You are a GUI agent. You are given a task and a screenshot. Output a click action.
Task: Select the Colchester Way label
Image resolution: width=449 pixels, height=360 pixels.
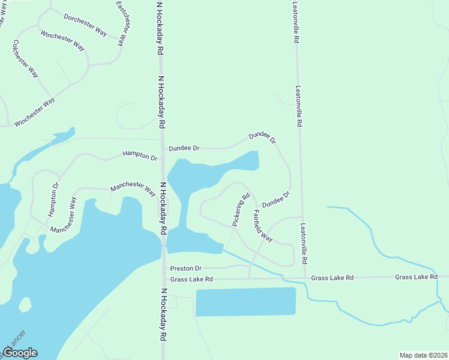tap(25, 59)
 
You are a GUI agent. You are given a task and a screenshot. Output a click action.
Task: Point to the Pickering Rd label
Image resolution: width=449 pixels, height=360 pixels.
tap(241, 209)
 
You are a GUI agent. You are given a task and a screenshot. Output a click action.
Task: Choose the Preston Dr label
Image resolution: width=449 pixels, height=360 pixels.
tap(185, 268)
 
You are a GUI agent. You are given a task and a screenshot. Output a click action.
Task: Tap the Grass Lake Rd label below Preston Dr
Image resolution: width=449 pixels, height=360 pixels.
tap(191, 280)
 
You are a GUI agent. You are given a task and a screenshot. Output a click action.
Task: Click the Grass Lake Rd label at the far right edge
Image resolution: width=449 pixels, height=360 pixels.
tap(415, 277)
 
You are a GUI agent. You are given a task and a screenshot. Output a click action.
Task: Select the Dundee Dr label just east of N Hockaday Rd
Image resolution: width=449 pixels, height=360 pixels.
tap(184, 148)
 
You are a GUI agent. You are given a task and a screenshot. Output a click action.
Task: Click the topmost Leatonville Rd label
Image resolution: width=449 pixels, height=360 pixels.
tap(295, 22)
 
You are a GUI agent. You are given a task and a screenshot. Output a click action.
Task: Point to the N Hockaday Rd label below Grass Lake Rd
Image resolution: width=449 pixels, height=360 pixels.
tap(163, 314)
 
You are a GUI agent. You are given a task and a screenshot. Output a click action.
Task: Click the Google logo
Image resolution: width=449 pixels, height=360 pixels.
tap(20, 353)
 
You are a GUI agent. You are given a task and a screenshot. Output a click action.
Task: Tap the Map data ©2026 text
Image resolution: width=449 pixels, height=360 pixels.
tap(423, 355)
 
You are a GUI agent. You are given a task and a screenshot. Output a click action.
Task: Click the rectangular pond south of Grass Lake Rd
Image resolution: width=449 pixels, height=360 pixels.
tap(246, 302)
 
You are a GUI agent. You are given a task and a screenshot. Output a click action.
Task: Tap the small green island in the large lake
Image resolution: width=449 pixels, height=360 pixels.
tap(25, 304)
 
